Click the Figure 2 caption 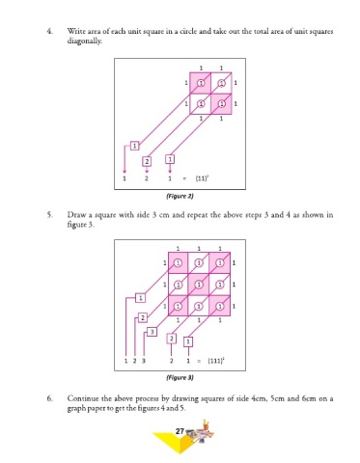(180, 196)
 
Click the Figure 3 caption (180, 377)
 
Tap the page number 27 (180, 431)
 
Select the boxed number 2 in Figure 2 (147, 161)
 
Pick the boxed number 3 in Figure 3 (152, 332)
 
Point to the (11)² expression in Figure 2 (202, 178)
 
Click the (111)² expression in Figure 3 (216, 360)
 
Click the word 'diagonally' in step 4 (85, 41)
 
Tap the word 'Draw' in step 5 (75, 214)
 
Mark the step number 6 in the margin (49, 398)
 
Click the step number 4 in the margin (49, 31)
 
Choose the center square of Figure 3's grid (199, 285)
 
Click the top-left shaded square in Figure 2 (200, 83)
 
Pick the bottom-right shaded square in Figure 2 (221, 104)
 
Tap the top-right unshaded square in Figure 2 (221, 83)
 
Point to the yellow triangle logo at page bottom (174, 442)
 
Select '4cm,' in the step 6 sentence (258, 398)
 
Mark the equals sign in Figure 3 (199, 361)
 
